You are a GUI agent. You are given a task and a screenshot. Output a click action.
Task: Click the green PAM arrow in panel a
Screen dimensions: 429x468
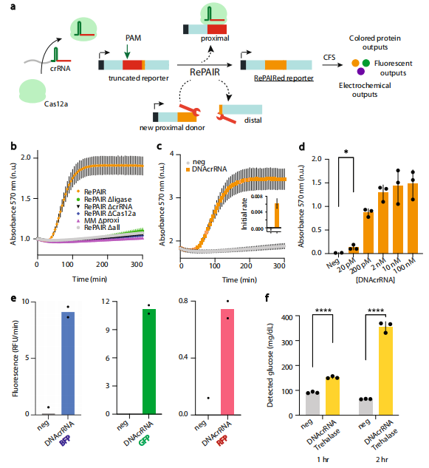(x=127, y=51)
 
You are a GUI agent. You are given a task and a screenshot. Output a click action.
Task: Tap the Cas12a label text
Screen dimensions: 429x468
(x=56, y=104)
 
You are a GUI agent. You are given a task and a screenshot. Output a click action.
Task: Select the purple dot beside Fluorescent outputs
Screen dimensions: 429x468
(x=361, y=71)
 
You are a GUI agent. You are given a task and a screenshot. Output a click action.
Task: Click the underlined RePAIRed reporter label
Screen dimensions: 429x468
(x=284, y=78)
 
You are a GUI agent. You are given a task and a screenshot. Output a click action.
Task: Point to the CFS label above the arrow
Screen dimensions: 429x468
(x=329, y=57)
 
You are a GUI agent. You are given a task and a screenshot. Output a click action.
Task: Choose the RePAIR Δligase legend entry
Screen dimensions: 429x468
(x=104, y=199)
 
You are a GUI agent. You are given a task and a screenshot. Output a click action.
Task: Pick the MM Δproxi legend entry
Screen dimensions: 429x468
(x=98, y=220)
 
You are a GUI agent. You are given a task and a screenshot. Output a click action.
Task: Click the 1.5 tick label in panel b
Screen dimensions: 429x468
(x=25, y=198)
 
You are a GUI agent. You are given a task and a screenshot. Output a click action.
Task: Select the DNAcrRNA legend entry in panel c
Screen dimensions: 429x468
(x=206, y=169)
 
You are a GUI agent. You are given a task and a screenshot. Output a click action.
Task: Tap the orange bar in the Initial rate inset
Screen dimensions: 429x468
(x=277, y=215)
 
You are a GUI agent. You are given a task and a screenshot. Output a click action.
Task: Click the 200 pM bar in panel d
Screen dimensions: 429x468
(x=368, y=232)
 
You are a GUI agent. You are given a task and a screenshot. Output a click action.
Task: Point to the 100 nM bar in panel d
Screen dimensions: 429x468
(x=413, y=219)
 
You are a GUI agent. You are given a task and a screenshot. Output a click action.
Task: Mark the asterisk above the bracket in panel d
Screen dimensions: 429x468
(x=346, y=152)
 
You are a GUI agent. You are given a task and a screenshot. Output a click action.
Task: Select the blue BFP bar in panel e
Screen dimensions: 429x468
(x=68, y=363)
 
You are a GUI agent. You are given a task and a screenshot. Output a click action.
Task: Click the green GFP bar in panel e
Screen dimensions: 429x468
(x=149, y=362)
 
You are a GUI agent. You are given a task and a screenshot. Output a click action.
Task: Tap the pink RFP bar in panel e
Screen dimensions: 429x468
(x=227, y=362)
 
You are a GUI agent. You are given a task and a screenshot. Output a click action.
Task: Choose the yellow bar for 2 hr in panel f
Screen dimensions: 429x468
(x=385, y=370)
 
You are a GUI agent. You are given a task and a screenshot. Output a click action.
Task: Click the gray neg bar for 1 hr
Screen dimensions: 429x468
(x=313, y=404)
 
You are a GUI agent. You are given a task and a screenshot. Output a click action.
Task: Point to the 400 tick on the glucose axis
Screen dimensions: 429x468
(x=286, y=316)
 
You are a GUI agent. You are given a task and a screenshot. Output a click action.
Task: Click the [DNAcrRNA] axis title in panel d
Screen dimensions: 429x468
(x=375, y=280)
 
